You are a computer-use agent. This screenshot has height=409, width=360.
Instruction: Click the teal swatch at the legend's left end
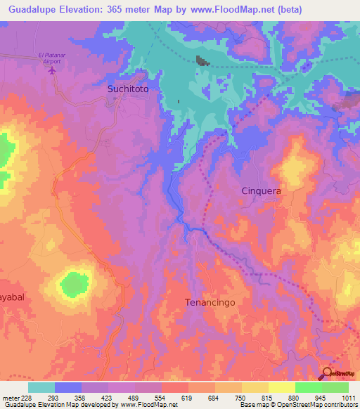[x=41, y=387]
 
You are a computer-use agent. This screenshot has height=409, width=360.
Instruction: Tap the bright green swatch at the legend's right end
[x=335, y=387]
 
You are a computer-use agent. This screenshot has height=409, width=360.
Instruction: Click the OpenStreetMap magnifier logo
[x=328, y=374]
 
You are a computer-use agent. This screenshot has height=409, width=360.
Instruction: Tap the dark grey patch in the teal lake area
[x=202, y=61]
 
